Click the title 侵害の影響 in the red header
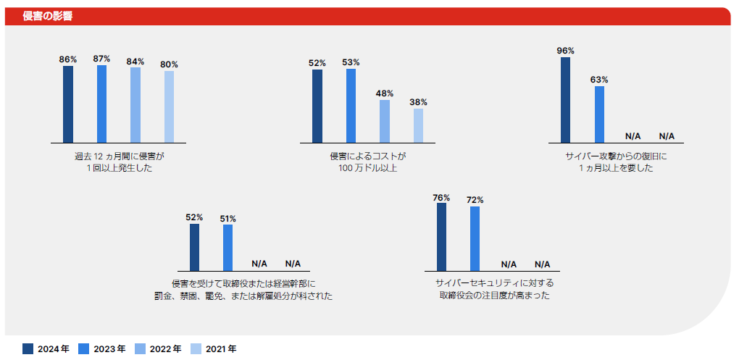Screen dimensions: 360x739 coord(48,16)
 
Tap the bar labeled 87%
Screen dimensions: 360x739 coord(101,104)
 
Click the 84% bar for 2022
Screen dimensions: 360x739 coord(135,105)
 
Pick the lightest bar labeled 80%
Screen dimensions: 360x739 coord(169,106)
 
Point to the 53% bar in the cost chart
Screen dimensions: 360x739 coord(351,106)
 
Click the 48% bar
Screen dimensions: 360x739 coord(385,121)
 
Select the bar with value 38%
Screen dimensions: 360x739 coord(418,125)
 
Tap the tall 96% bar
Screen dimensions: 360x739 coord(566,100)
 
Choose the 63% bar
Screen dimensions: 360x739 coord(599,114)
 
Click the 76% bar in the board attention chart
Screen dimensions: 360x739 coord(441,237)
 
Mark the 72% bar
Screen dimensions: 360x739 coord(475,238)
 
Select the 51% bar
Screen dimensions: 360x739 coord(227,248)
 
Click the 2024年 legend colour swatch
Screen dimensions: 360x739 coord(28,348)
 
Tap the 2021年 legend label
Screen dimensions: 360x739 coord(221,348)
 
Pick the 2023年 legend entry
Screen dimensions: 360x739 coord(101,348)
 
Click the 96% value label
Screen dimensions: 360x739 coord(565,51)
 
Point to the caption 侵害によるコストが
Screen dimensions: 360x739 coord(368,156)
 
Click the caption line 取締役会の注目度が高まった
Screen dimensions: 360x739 coord(494,296)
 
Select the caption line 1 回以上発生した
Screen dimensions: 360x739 coord(119,168)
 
